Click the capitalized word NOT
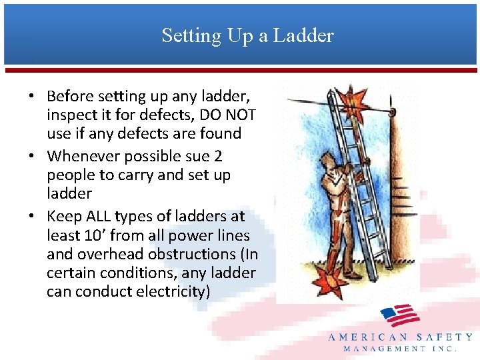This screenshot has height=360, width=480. pos(241,114)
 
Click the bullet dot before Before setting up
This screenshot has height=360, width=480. pos(31,96)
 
